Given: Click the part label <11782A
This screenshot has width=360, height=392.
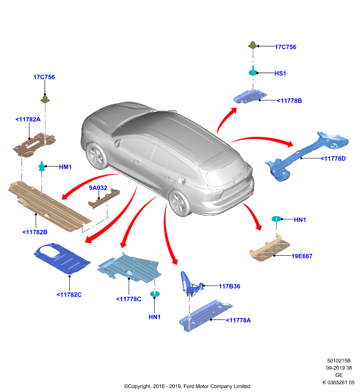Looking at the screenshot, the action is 28,120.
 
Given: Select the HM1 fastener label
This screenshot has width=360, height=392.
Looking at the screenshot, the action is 65,167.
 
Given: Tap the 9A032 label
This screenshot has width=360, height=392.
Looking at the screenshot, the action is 98,188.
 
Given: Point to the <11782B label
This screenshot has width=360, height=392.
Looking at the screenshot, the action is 35,232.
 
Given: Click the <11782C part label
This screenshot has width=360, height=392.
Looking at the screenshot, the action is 69,295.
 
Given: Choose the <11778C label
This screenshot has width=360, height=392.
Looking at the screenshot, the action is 129,299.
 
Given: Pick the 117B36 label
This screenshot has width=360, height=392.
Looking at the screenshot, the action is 230,287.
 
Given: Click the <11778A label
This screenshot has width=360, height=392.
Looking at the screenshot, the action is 238,320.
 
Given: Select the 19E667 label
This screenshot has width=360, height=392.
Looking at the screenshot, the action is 302,256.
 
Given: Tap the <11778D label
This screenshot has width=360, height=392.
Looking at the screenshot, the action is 333,159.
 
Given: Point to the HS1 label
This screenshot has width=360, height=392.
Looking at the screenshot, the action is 280,73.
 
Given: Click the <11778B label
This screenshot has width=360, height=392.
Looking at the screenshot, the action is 289,101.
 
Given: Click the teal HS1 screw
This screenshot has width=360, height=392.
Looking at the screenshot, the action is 253,71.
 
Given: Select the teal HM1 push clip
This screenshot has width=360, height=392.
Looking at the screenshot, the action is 42,166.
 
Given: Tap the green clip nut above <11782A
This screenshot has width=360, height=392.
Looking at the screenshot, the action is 45,99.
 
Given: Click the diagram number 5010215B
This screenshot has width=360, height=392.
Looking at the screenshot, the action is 339,361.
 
